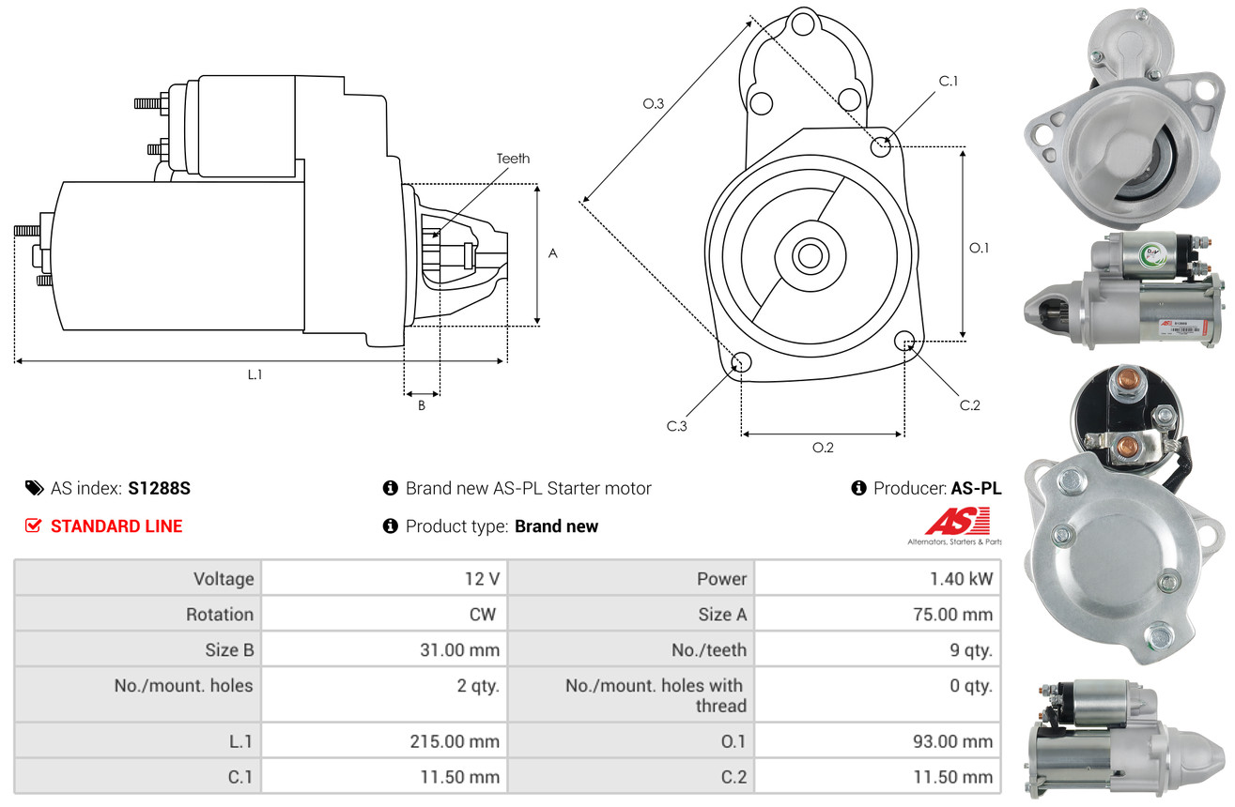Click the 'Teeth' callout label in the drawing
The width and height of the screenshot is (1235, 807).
click(x=513, y=159)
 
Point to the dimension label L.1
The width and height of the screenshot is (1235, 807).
click(x=255, y=374)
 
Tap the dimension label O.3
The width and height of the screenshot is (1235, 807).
click(x=654, y=103)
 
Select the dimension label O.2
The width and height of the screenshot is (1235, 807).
click(x=823, y=448)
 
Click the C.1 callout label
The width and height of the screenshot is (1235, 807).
click(x=949, y=81)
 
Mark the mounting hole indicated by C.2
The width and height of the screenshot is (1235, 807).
click(x=905, y=340)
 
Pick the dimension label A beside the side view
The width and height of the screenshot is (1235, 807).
click(x=553, y=253)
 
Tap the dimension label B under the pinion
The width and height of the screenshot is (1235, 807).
click(x=422, y=406)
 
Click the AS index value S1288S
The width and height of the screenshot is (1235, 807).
click(x=160, y=488)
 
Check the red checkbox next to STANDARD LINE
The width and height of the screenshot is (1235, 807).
click(x=34, y=526)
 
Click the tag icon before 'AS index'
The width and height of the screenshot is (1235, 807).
click(x=35, y=488)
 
